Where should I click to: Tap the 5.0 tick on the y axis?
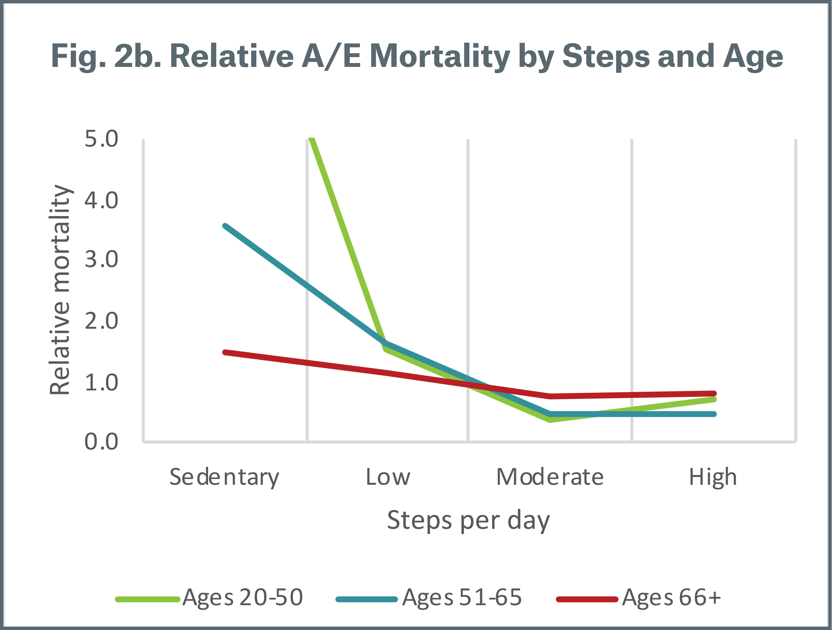click(x=101, y=139)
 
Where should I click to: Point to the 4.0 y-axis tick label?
click(x=101, y=200)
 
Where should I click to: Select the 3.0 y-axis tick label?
click(x=101, y=260)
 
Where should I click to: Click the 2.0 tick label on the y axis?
click(x=101, y=321)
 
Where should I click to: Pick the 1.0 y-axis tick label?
click(x=101, y=382)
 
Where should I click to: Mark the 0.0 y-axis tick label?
click(x=101, y=442)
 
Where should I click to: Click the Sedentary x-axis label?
click(x=224, y=478)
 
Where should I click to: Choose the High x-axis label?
click(x=713, y=478)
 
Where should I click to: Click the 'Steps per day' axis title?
click(x=468, y=520)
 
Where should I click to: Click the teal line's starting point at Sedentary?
click(x=225, y=226)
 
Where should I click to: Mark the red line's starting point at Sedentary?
click(x=225, y=352)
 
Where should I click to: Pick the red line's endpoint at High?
click(x=714, y=393)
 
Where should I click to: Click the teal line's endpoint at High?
click(x=714, y=414)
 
